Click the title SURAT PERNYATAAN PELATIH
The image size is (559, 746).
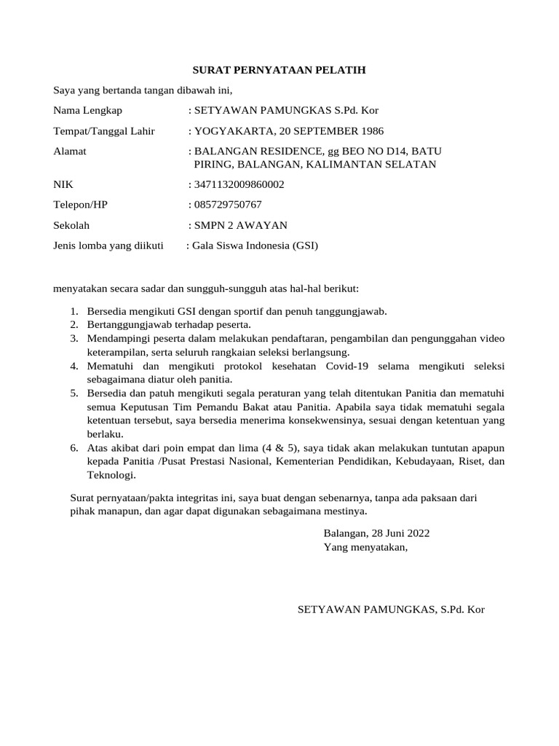[x=279, y=70]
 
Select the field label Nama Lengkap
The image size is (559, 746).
[x=88, y=111]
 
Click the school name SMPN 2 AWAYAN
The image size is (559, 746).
[x=240, y=225]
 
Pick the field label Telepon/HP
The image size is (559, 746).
[x=80, y=205]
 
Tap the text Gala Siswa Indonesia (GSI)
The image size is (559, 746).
[x=255, y=246]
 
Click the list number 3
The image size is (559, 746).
[x=74, y=339]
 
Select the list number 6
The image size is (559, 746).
[x=74, y=448]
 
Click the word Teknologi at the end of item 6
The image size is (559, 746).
[x=111, y=475]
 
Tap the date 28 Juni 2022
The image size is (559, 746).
[x=401, y=533]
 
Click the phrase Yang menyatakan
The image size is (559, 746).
[x=365, y=547]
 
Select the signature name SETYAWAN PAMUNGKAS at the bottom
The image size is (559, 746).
[x=367, y=609]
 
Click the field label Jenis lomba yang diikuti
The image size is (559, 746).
[x=108, y=246]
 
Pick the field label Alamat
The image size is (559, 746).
[x=70, y=152]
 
